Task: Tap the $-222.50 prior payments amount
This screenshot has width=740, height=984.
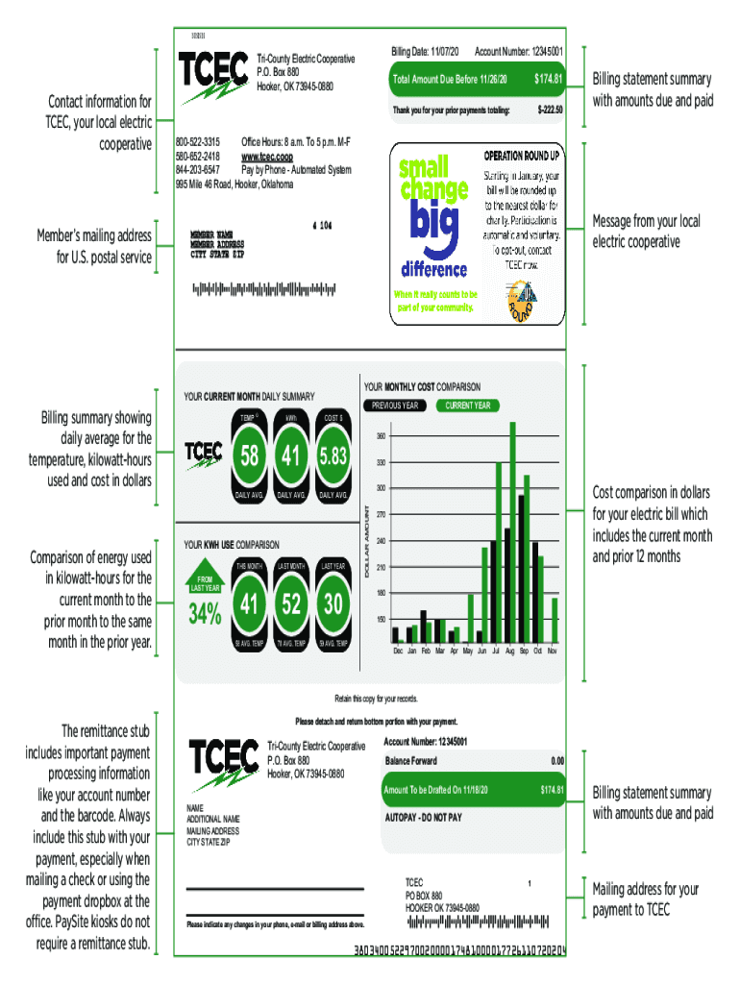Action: click(545, 110)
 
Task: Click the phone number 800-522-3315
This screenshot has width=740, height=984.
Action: click(198, 141)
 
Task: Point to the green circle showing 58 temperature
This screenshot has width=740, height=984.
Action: click(249, 456)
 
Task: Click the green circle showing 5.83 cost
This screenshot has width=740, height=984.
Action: click(333, 456)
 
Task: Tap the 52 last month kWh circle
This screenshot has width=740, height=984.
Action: click(290, 603)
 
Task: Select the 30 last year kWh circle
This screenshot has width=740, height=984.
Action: click(333, 603)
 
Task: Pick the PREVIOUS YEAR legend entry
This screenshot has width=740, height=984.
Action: click(395, 406)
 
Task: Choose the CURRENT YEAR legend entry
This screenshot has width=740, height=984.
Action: click(468, 406)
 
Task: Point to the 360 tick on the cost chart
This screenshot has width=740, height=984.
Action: click(381, 436)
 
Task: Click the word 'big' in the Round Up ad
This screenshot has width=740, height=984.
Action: click(433, 229)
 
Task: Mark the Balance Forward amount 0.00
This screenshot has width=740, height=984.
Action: click(556, 761)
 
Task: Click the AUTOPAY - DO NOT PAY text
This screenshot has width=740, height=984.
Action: click(424, 817)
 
